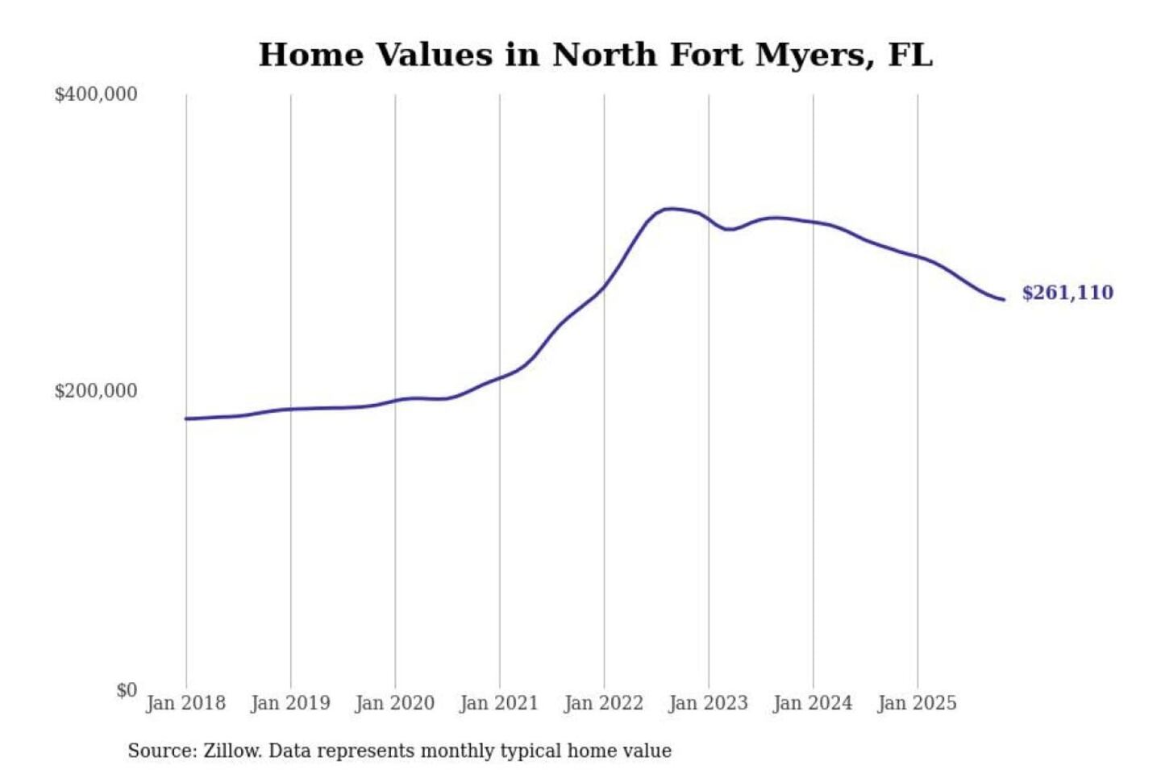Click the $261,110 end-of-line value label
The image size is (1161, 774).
pyautogui.click(x=1067, y=293)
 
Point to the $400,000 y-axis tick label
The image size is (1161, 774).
pyautogui.click(x=96, y=94)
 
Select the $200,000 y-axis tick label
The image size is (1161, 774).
pyautogui.click(x=96, y=391)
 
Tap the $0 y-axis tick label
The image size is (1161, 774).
pyautogui.click(x=127, y=690)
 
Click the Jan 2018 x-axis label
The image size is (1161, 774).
pyautogui.click(x=185, y=703)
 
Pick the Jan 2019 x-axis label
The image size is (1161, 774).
pyautogui.click(x=290, y=703)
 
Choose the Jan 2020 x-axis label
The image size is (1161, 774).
pyautogui.click(x=394, y=703)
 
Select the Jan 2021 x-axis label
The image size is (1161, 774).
pyautogui.click(x=499, y=703)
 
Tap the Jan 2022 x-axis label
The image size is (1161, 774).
pyautogui.click(x=604, y=703)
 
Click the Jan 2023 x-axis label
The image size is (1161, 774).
pyautogui.click(x=708, y=703)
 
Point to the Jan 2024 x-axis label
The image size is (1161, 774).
pyautogui.click(x=813, y=703)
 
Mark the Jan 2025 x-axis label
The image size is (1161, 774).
pyautogui.click(x=917, y=703)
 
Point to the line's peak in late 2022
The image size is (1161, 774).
pyautogui.click(x=668, y=209)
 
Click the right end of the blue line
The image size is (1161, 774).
pyautogui.click(x=1003, y=300)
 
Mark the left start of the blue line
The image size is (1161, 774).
pyautogui.click(x=186, y=418)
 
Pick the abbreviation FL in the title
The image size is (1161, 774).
pyautogui.click(x=910, y=55)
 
